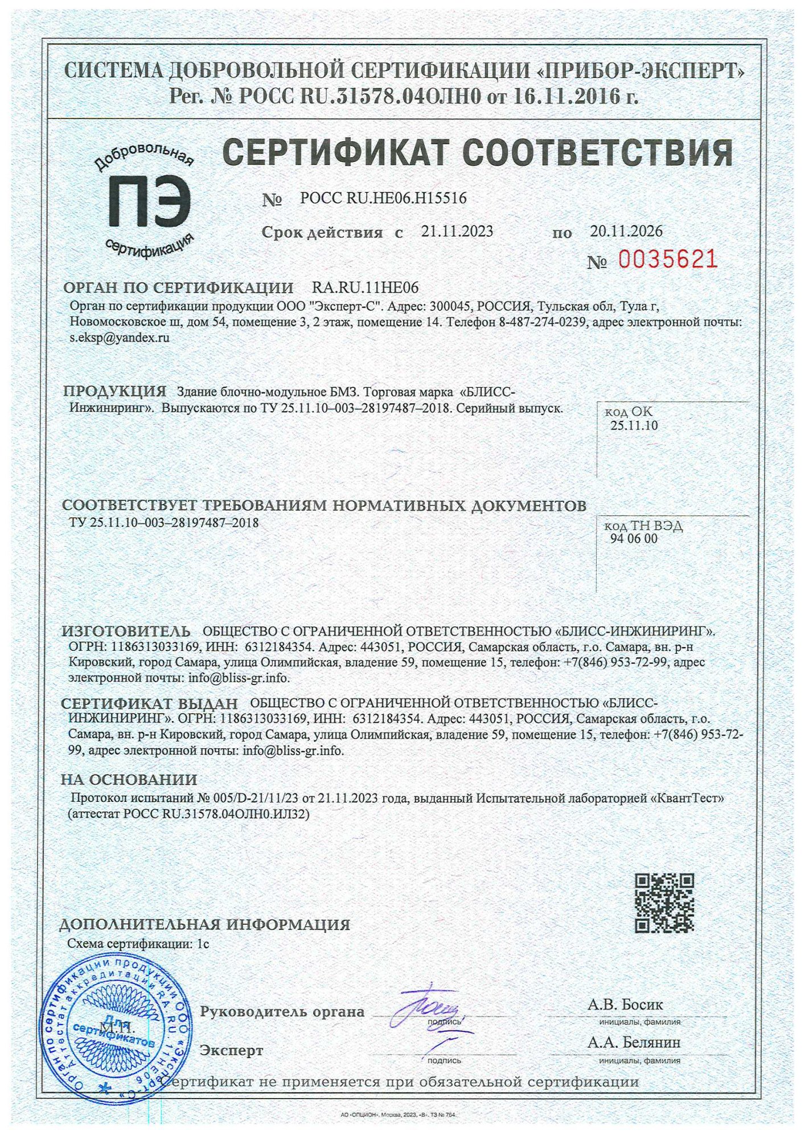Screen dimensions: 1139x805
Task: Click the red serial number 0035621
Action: (667, 260)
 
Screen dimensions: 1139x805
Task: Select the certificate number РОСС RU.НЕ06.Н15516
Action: (383, 198)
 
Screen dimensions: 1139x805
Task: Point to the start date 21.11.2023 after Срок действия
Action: (457, 231)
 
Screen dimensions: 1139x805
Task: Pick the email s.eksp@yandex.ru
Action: (119, 337)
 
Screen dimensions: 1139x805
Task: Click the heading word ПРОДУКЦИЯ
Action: (114, 391)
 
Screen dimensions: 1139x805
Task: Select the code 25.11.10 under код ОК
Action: (634, 425)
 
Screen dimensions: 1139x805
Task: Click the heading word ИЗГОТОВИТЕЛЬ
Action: (126, 631)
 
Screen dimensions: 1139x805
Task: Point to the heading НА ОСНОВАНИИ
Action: (129, 780)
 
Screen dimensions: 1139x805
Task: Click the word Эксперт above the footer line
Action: (232, 1050)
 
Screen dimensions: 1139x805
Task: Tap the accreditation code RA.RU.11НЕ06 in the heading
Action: (365, 288)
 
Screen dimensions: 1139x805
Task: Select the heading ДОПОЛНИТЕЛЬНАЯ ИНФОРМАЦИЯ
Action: (205, 924)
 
